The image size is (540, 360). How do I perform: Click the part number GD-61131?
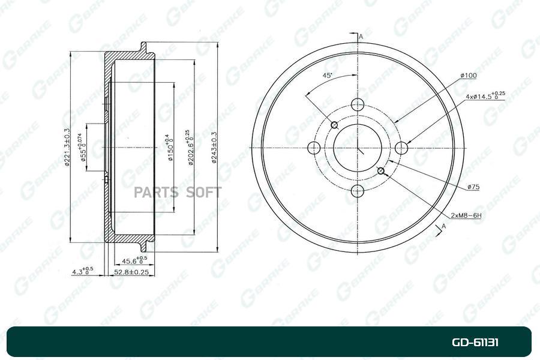pyautogui.click(x=475, y=343)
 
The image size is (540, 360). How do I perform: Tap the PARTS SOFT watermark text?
pyautogui.click(x=178, y=193)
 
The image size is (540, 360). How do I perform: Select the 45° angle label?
pyautogui.click(x=328, y=76)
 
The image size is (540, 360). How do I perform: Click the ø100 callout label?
pyautogui.click(x=468, y=76)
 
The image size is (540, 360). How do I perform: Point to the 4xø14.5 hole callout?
pyautogui.click(x=485, y=95)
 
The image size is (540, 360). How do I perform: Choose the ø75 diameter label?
pyautogui.click(x=473, y=187)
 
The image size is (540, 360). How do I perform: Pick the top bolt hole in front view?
pyautogui.click(x=358, y=104)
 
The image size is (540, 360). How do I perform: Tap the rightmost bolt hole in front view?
pyautogui.click(x=402, y=148)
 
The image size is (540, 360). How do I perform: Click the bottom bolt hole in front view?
pyautogui.click(x=358, y=191)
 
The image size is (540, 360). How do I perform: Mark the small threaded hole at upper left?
pyautogui.click(x=335, y=125)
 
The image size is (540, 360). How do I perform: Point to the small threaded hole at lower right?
pyautogui.click(x=381, y=171)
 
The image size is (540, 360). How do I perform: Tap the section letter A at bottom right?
pyautogui.click(x=443, y=226)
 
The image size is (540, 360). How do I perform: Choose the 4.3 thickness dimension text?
pyautogui.click(x=82, y=271)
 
